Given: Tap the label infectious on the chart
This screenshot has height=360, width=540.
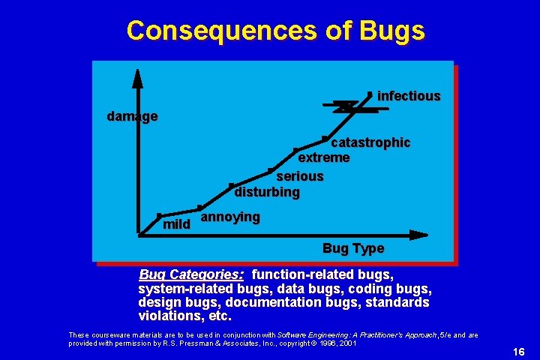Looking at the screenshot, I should [x=409, y=96].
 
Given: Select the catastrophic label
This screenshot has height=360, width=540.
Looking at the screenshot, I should [x=370, y=142].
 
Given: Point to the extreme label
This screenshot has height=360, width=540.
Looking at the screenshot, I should [x=324, y=157].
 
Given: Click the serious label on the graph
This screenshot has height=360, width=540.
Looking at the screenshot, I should [x=300, y=176].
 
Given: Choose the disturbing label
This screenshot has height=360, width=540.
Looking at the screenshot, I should [x=267, y=192].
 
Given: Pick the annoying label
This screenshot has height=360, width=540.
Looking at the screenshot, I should [x=231, y=217].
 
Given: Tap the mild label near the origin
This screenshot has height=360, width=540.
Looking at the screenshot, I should [x=176, y=224].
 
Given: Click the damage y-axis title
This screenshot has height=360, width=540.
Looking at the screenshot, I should [x=132, y=116].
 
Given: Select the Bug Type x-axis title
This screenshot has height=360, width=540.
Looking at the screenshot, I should [x=352, y=248].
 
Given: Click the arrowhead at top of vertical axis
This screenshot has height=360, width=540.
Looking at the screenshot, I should [x=138, y=75].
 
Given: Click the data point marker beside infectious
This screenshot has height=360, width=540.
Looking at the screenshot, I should [x=370, y=94].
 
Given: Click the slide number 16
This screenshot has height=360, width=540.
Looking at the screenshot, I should [x=518, y=352].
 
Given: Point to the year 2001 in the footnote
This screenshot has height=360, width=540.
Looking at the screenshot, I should [x=346, y=343].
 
